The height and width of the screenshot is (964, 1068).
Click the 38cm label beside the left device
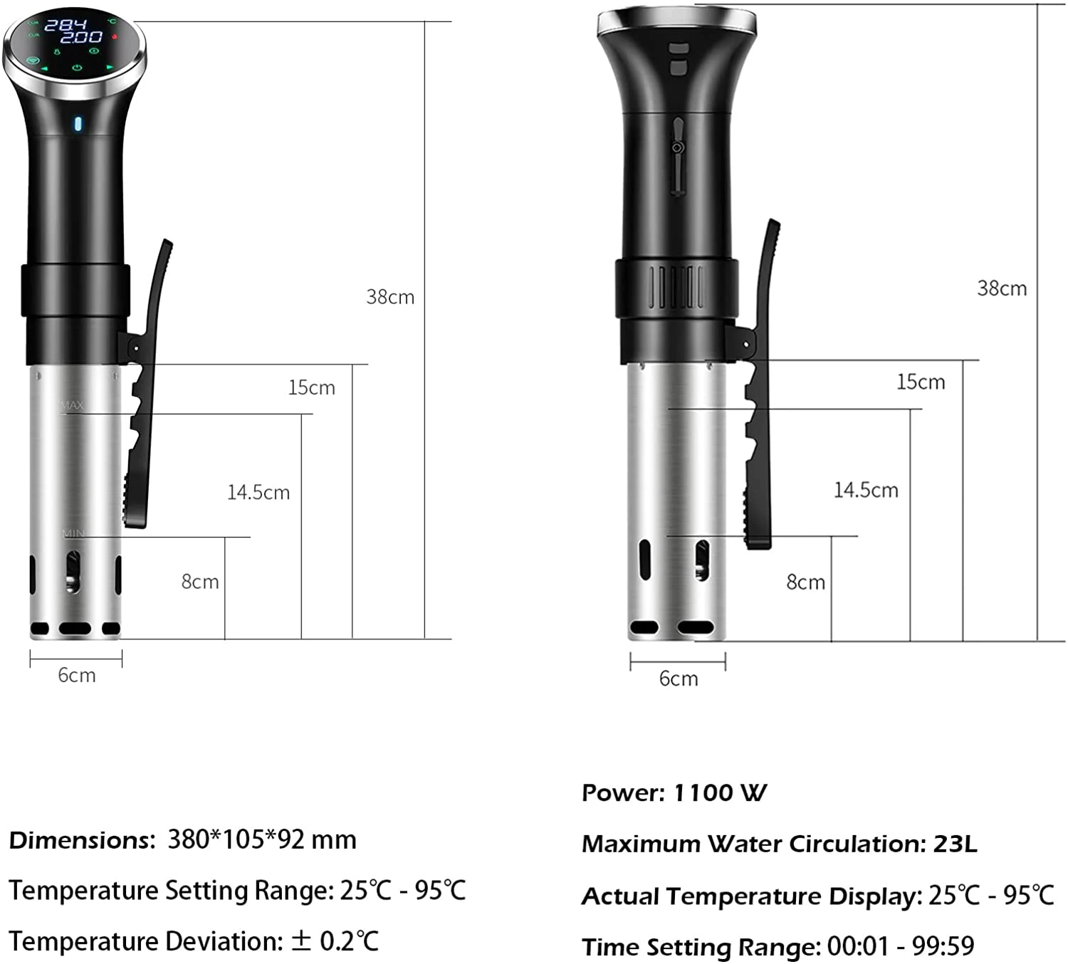pos(390,297)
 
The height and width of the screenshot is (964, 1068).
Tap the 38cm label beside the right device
pos(1001,288)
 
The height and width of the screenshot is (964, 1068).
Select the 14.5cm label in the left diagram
pos(258,492)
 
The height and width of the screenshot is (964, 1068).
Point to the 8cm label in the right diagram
pos(805,582)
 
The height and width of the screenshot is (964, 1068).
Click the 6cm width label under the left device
pos(77,675)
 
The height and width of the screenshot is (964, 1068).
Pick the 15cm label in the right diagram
pos(920,382)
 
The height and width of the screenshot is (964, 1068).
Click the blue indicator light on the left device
pos(78,124)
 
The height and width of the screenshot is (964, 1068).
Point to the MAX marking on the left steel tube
pos(72,405)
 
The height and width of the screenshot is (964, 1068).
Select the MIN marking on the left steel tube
pos(73,533)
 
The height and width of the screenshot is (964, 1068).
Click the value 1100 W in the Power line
pos(720,792)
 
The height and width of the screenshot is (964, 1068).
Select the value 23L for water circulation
pos(955,844)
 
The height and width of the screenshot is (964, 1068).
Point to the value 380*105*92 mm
pos(262,840)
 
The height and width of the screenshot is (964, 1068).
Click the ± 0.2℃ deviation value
pos(335,941)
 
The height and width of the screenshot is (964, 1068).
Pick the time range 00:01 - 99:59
pos(900,946)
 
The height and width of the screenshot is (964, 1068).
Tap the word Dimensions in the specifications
pos(80,840)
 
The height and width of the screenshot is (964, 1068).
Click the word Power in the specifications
pos(623,792)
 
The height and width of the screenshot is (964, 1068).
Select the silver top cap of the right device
pos(676,20)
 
